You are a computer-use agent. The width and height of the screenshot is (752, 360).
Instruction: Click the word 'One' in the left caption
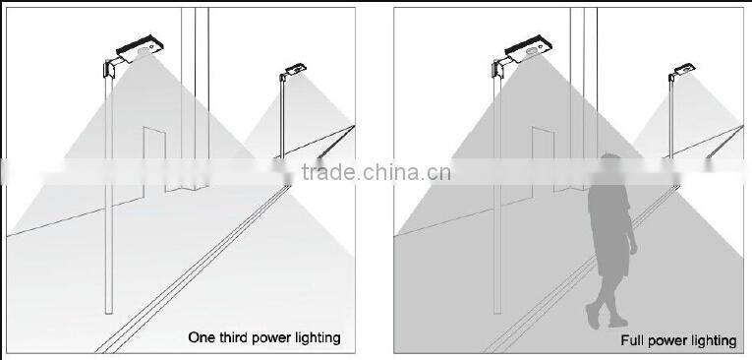tap(202, 337)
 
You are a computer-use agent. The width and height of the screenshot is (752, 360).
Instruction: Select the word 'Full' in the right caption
tap(632, 341)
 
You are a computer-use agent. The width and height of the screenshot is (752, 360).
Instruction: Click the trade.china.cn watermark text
tap(376, 173)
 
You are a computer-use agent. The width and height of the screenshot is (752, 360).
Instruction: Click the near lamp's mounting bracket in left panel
tap(110, 67)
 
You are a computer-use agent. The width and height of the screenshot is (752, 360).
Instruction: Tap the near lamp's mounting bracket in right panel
tap(499, 67)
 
